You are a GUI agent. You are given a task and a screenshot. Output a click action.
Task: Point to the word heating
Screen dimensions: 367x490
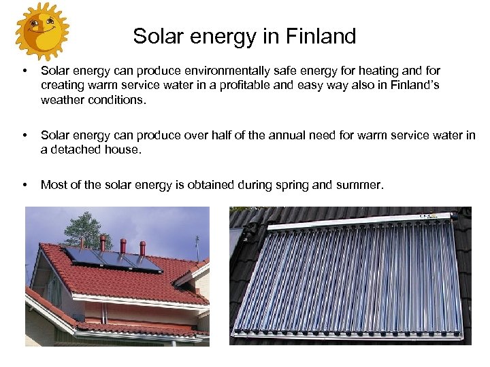point(380,71)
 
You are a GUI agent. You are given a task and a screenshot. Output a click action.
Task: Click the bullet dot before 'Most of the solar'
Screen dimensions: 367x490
point(24,184)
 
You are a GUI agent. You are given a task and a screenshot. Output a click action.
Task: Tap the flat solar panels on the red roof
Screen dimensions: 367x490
point(113,260)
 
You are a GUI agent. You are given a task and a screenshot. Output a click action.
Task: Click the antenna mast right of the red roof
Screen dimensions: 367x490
point(197,247)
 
